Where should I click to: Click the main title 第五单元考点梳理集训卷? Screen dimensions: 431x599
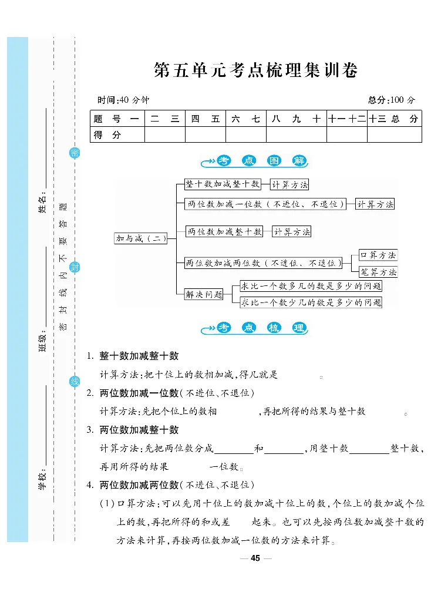pyautogui.click(x=255, y=70)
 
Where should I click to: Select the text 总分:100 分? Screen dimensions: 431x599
pyautogui.click(x=391, y=100)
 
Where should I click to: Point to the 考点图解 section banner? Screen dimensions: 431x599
pyautogui.click(x=254, y=161)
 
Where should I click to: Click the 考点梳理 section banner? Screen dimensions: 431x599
pyautogui.click(x=254, y=328)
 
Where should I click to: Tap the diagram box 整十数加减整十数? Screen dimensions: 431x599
pyautogui.click(x=222, y=184)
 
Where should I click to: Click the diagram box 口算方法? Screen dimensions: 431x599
pyautogui.click(x=378, y=255)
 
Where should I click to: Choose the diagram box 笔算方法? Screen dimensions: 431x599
pyautogui.click(x=378, y=272)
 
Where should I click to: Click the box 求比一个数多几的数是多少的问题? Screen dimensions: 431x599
pyautogui.click(x=311, y=287)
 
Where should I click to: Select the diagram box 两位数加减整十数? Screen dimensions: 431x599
pyautogui.click(x=224, y=232)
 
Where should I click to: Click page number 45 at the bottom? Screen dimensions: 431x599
pyautogui.click(x=255, y=558)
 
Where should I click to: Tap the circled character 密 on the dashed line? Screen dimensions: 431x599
pyautogui.click(x=75, y=153)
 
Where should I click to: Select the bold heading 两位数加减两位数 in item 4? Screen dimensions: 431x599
pyautogui.click(x=139, y=484)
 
